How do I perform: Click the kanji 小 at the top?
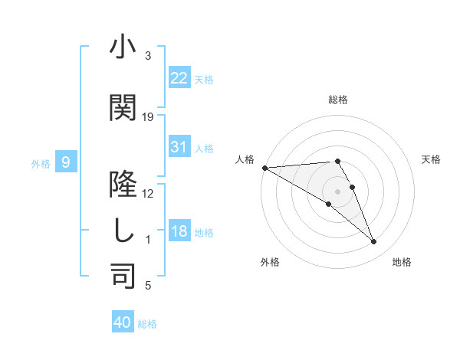(x=123, y=47)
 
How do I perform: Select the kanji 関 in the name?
(x=123, y=108)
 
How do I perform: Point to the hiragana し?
(x=123, y=231)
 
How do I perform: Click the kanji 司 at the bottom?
(x=123, y=277)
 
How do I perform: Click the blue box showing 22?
(x=179, y=78)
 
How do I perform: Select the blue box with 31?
(x=179, y=147)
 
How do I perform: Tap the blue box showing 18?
(x=179, y=231)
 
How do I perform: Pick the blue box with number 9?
(x=67, y=162)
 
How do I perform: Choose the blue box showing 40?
(x=123, y=322)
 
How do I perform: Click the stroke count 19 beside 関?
(x=148, y=117)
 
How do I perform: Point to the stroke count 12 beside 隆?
(x=148, y=194)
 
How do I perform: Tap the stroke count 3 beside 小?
(x=148, y=56)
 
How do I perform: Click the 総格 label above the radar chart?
(x=337, y=100)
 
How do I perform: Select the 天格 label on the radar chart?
(x=432, y=159)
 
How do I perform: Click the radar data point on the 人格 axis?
(x=264, y=168)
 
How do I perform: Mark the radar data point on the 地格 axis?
(x=373, y=242)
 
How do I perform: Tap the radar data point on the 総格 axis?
(x=337, y=161)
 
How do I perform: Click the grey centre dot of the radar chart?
(x=337, y=191)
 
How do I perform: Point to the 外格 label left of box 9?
(x=41, y=163)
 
